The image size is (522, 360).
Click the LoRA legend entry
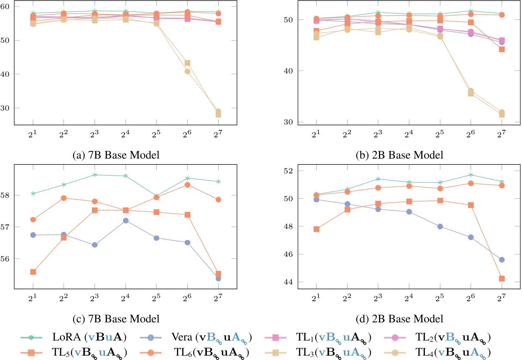89,337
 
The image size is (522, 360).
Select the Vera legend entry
211,337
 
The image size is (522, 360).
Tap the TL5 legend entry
89,352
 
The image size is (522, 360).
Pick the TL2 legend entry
453,337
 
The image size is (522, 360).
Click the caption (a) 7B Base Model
116,155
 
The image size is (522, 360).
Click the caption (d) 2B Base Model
399,319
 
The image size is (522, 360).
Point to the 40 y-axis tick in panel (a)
6,74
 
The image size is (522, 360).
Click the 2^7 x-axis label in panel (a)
218,134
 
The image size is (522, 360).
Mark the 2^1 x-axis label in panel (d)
316,297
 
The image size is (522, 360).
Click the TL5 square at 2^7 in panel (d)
502,278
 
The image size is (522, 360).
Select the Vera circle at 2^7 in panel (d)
502,260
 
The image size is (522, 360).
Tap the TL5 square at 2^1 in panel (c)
33,272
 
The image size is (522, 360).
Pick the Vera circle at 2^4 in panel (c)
126,220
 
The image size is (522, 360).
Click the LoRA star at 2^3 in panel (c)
95,175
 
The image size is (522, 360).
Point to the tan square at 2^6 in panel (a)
187,63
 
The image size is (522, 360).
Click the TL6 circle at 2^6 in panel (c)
187,185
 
